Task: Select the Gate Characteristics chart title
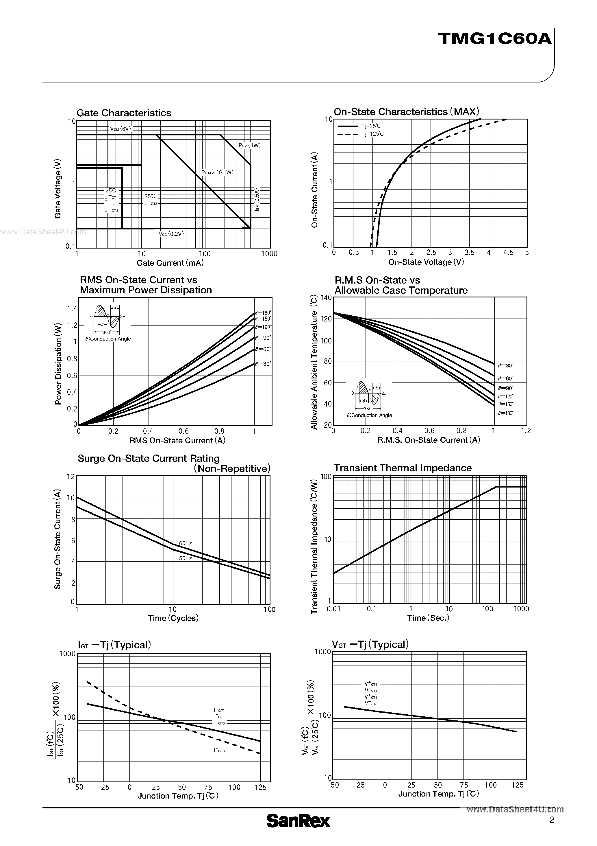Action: [124, 113]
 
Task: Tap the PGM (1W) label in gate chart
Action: [249, 146]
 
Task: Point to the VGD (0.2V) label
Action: [171, 233]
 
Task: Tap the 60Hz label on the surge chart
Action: [186, 543]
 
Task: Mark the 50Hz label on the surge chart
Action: [186, 558]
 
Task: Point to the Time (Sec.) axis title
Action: [428, 618]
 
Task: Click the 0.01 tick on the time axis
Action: [333, 609]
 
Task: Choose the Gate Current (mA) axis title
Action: [170, 263]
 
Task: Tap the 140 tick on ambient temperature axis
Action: [327, 298]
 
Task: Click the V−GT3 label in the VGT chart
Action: [371, 703]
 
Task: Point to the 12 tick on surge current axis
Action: [71, 477]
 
